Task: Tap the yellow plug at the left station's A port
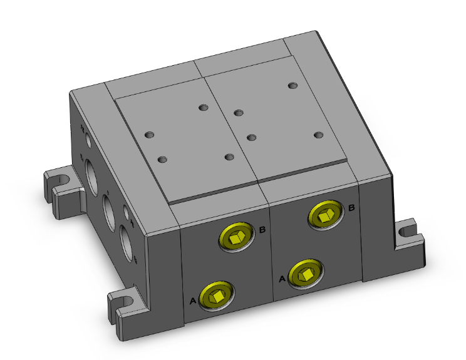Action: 215,294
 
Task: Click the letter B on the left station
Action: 262,230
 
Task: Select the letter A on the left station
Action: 192,301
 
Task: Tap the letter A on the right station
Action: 282,278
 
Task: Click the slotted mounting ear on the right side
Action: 410,237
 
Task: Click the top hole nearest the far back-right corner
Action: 292,85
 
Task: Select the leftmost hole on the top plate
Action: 149,135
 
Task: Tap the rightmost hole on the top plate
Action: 318,135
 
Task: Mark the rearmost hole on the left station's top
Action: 202,108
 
